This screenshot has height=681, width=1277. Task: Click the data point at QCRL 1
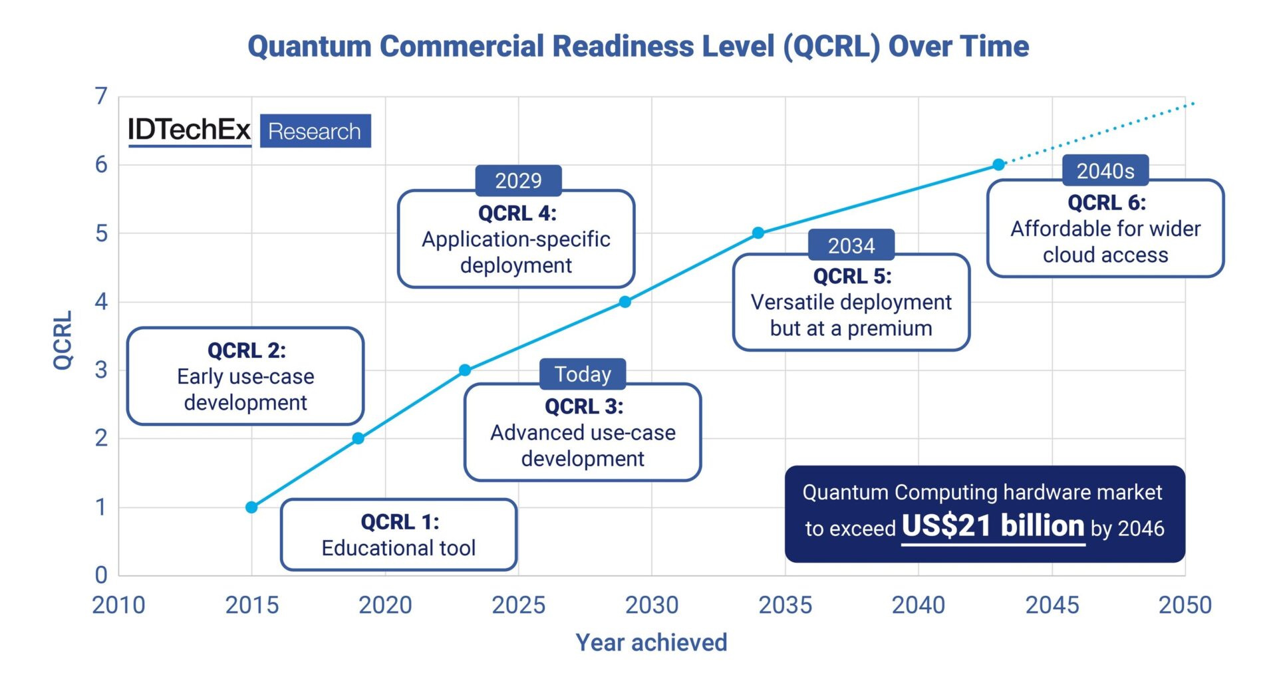pyautogui.click(x=251, y=507)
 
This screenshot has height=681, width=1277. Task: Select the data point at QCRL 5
pyautogui.click(x=758, y=233)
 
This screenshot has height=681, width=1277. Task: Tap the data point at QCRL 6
pyautogui.click(x=998, y=164)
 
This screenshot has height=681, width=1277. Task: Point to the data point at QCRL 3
pyautogui.click(x=465, y=370)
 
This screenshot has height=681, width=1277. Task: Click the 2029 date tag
pyautogui.click(x=518, y=180)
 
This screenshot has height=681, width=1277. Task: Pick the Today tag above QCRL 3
pyautogui.click(x=583, y=374)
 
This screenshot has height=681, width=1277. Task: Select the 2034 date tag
pyautogui.click(x=851, y=245)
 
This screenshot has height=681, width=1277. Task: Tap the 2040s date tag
pyautogui.click(x=1105, y=171)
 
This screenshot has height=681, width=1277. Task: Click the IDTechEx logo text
pyautogui.click(x=189, y=130)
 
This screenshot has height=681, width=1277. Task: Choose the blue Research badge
pyautogui.click(x=315, y=131)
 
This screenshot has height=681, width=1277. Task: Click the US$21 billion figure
pyautogui.click(x=992, y=526)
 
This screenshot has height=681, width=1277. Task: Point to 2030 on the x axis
pyautogui.click(x=651, y=605)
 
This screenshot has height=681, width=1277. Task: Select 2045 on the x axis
pyautogui.click(x=1052, y=605)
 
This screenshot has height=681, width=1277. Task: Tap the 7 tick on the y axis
pyautogui.click(x=101, y=96)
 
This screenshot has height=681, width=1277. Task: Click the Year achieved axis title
pyautogui.click(x=651, y=642)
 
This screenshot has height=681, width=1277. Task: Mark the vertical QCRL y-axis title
pyautogui.click(x=63, y=339)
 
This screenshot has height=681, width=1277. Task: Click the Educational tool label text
pyautogui.click(x=398, y=548)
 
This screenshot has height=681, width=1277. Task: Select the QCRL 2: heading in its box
pyautogui.click(x=246, y=350)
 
